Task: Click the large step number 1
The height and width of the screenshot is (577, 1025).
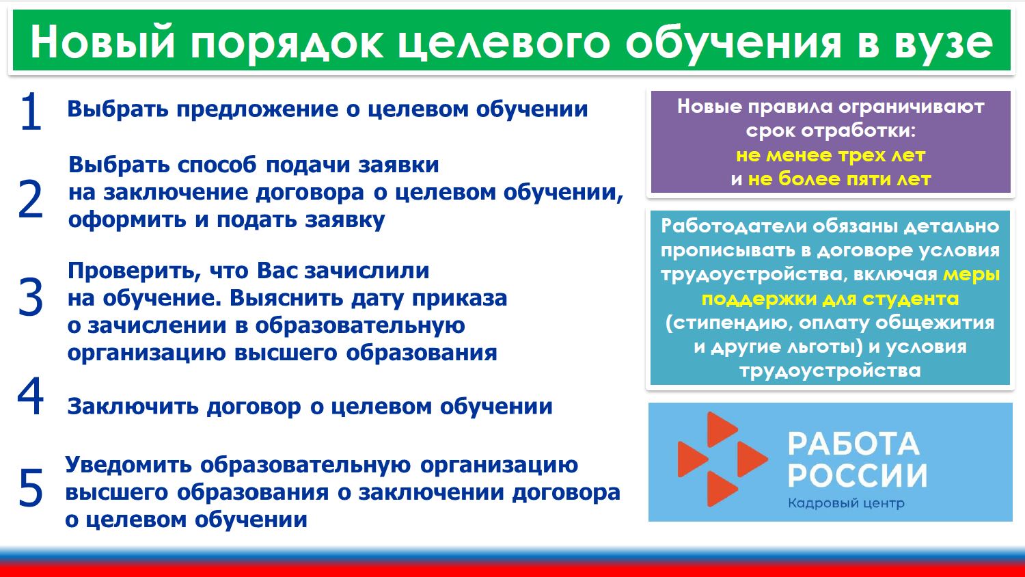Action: point(31,111)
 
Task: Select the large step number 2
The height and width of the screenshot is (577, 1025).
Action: point(31,199)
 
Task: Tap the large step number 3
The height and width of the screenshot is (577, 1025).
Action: point(31,297)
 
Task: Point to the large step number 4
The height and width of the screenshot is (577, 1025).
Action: point(30,396)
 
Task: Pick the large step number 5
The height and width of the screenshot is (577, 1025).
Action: point(31,488)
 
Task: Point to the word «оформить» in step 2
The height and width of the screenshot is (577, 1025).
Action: point(127,220)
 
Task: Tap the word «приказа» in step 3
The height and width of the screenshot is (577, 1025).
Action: point(459,299)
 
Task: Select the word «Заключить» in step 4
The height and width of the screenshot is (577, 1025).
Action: point(133,407)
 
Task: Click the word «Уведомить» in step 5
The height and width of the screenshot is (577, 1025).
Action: point(128,466)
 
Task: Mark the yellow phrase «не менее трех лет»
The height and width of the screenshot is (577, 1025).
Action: point(830,156)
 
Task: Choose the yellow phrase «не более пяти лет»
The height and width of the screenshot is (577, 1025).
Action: point(839,179)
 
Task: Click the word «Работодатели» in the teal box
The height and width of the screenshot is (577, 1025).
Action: point(733,227)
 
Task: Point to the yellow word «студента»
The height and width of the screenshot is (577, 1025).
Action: point(910,299)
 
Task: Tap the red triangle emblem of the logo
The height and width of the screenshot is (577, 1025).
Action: point(722,459)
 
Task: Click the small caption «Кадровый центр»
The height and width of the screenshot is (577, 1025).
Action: point(846,504)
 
